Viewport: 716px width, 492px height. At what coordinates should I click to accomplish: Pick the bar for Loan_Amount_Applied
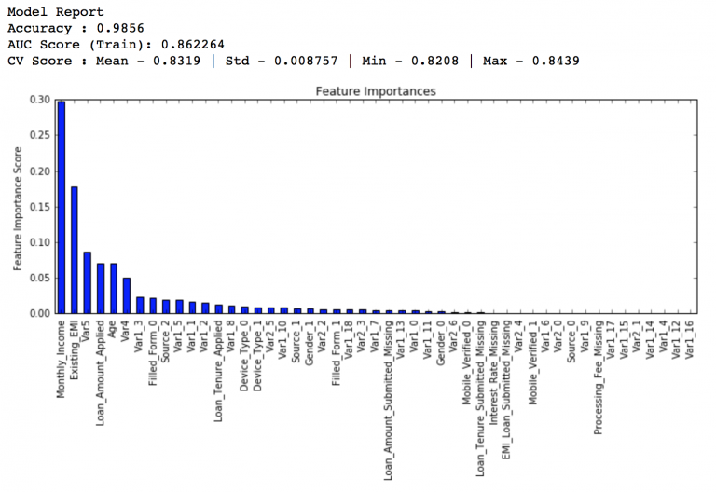coord(101,288)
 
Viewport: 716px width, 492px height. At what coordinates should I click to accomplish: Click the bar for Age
coord(114,288)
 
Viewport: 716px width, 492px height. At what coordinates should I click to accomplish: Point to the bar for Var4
coord(127,295)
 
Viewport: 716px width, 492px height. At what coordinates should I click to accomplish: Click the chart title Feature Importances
coord(375,91)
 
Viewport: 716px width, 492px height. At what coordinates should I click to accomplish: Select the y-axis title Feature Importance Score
coord(18,206)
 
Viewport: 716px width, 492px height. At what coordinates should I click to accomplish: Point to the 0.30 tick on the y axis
coord(39,100)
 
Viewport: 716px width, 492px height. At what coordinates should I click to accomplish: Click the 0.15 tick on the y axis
coord(39,207)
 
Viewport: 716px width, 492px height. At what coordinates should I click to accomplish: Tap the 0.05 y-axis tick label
coord(39,278)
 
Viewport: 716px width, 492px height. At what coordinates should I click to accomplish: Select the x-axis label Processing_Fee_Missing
coord(599,378)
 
